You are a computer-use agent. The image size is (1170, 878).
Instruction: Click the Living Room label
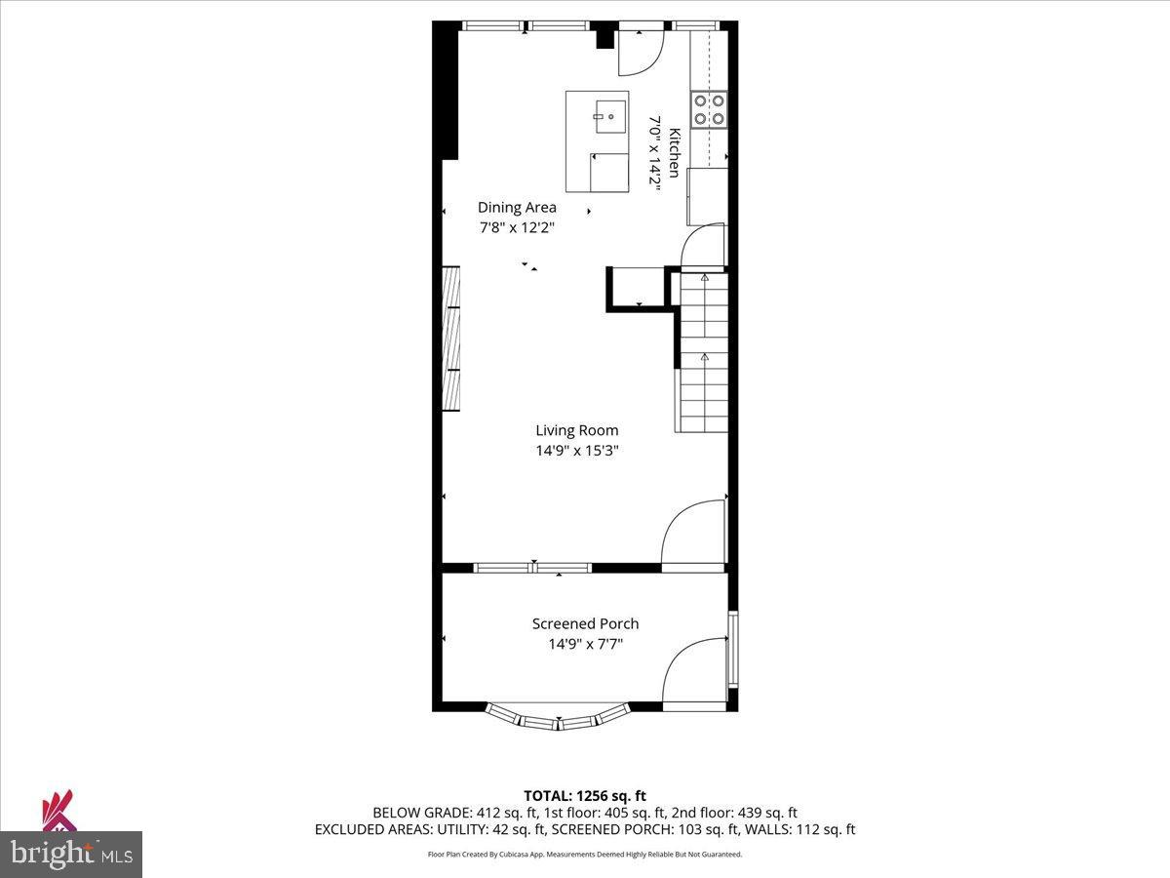576,430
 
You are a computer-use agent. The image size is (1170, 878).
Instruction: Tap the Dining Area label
517,207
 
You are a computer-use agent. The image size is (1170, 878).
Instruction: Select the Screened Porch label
585,623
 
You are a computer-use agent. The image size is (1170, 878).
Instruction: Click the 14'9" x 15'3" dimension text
576,451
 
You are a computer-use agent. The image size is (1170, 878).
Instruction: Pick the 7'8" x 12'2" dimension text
517,227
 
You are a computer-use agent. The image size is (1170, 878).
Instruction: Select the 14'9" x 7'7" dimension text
585,644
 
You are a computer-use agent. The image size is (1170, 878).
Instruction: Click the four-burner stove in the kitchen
709,109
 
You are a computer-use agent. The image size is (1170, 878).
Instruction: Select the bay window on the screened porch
558,717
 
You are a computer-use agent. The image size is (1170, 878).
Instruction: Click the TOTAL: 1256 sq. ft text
584,796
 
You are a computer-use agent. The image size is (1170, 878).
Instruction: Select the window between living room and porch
532,567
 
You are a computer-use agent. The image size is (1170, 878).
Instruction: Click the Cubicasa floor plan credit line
585,854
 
